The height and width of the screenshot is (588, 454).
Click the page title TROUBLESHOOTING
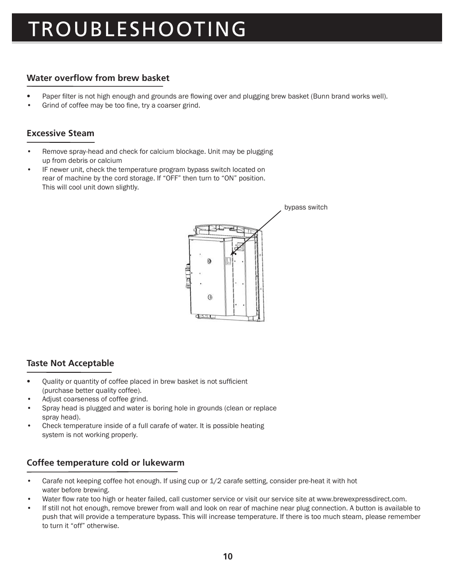(x=137, y=29)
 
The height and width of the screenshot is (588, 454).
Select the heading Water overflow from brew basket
(x=98, y=78)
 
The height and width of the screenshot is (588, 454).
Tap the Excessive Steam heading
(x=60, y=133)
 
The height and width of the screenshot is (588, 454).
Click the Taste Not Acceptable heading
(x=70, y=363)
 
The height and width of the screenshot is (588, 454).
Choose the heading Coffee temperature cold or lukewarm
(x=105, y=463)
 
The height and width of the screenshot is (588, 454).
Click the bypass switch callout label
(x=306, y=207)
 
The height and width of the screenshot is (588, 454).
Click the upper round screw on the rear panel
(x=209, y=261)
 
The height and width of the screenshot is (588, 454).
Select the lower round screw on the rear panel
(x=209, y=298)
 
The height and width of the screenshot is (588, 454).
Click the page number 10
(x=227, y=557)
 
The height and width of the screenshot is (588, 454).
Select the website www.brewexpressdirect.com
(x=361, y=499)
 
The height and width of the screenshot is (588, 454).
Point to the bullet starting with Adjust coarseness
(x=95, y=399)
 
